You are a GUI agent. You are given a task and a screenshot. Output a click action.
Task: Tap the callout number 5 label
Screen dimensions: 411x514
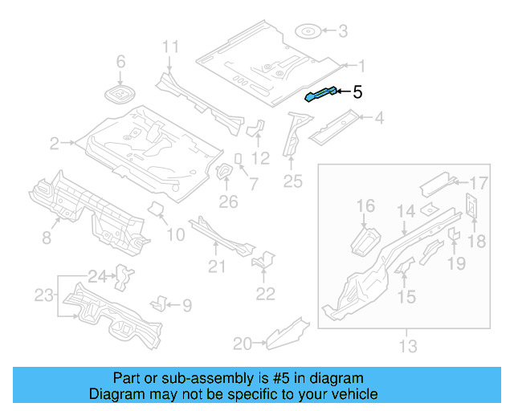click(357, 92)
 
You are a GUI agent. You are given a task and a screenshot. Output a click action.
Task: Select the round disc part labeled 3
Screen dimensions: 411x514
click(308, 32)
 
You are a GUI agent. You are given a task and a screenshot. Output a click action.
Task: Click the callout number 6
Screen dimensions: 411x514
click(121, 62)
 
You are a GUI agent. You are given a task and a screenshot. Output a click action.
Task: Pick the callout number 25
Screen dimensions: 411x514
click(292, 182)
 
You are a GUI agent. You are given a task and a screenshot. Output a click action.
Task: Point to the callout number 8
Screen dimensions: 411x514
click(46, 237)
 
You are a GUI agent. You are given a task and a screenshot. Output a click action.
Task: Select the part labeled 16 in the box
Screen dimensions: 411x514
click(367, 240)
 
